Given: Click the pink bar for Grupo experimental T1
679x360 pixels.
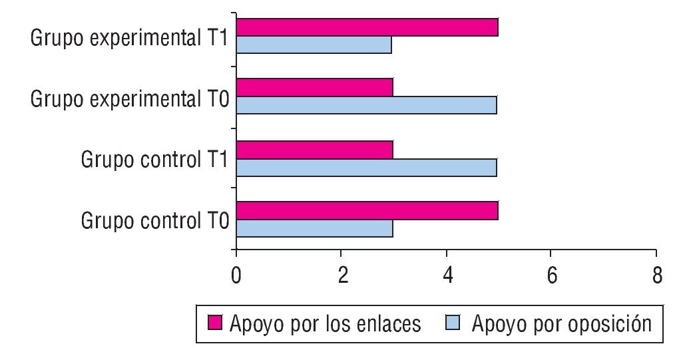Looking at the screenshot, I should point(367,27).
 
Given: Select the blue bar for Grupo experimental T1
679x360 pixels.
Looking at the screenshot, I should point(314,45).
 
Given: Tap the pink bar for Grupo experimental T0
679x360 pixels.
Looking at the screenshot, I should point(314,88).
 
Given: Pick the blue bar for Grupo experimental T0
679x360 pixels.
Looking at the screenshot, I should point(366,105).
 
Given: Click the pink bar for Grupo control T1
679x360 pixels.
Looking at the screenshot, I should point(314,150).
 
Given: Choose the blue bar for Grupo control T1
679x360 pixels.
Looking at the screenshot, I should point(366,167).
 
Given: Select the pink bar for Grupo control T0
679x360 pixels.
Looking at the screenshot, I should point(367,211).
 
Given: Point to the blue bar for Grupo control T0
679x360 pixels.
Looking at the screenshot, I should point(314,228).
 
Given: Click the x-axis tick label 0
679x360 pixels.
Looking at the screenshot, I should point(236,275).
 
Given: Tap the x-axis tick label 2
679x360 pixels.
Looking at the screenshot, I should point(341,275).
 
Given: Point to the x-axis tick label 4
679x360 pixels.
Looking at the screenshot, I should point(446,275).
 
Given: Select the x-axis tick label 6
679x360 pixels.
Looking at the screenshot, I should point(551,275).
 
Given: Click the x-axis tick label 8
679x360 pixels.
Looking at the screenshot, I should point(656,275).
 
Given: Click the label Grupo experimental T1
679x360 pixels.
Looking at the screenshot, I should point(130,38).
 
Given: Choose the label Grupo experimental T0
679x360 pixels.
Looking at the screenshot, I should point(130,99).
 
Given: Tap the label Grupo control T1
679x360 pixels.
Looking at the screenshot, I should point(156,160).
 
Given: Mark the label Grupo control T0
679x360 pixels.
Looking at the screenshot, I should point(156,221).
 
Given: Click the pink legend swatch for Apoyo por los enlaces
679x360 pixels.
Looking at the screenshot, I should point(215,324).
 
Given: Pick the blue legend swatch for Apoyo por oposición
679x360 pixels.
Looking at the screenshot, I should point(455,324).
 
